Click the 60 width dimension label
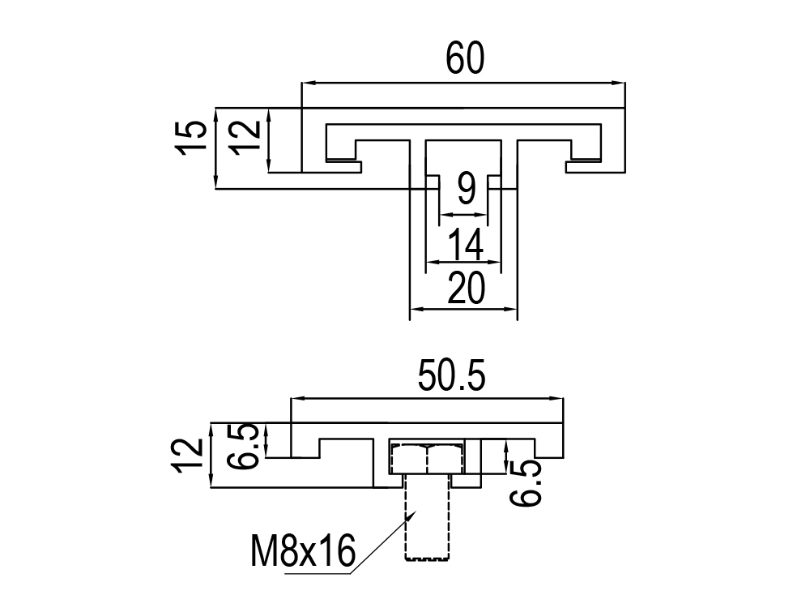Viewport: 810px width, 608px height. [465, 58]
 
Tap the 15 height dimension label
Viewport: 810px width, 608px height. [192, 138]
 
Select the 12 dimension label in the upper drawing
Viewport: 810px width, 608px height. [245, 137]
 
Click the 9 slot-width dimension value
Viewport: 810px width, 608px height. [467, 189]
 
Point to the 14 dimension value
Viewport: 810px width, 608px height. [466, 244]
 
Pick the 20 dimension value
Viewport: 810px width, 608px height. [466, 288]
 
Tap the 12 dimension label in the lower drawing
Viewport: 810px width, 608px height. [188, 456]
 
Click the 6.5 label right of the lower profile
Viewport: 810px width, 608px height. [525, 483]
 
